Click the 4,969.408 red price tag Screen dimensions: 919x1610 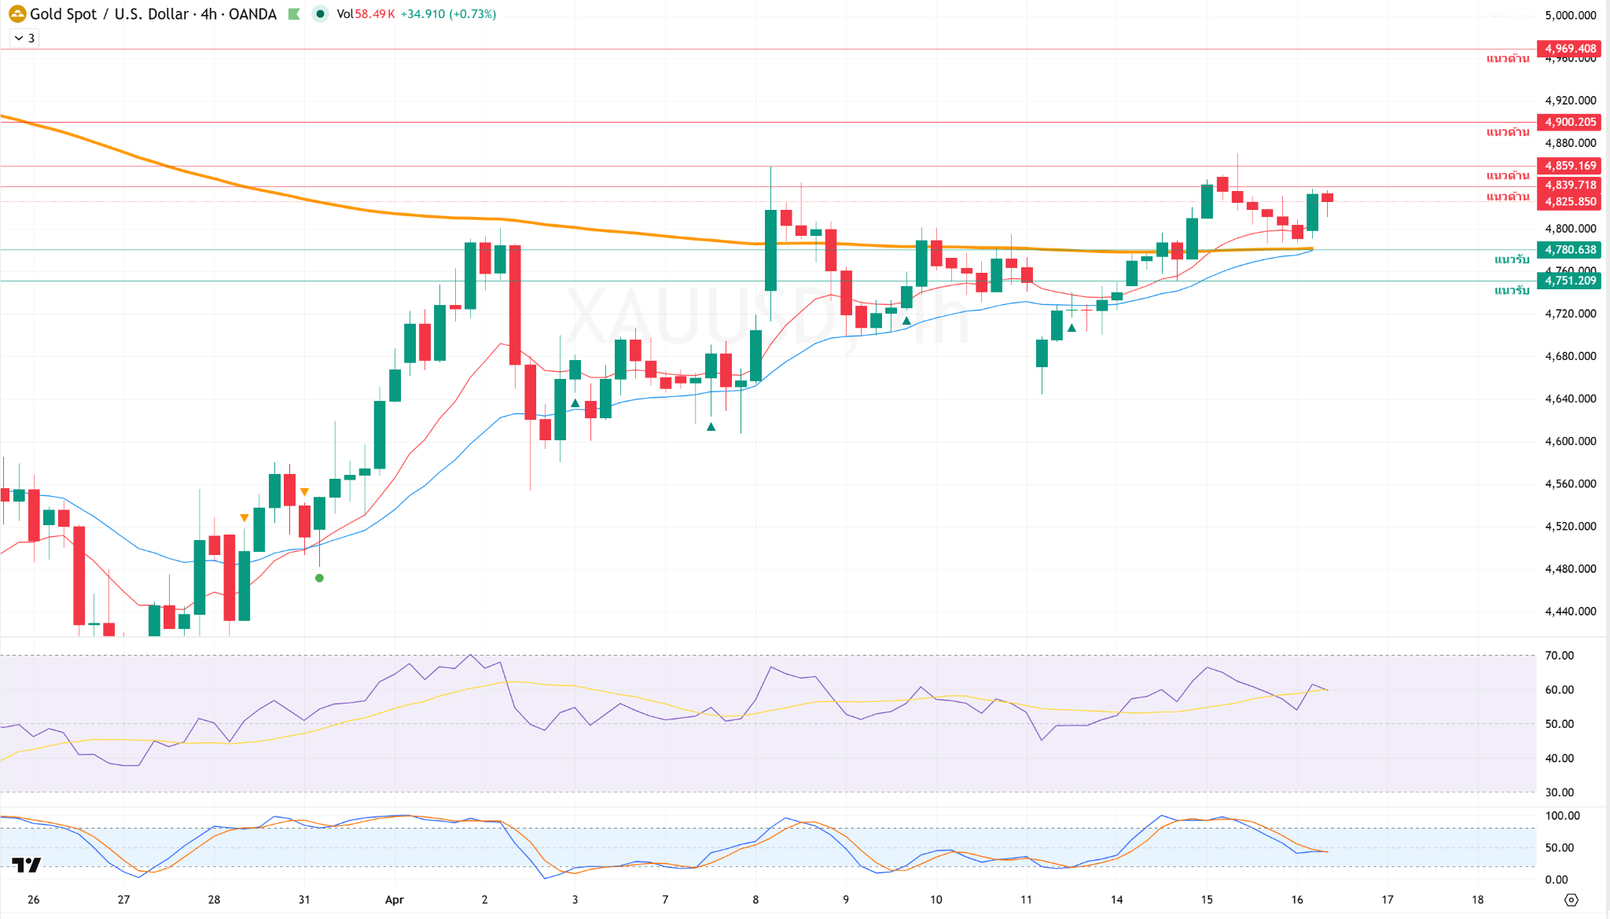[x=1569, y=49]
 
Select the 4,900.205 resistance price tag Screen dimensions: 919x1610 [x=1569, y=122]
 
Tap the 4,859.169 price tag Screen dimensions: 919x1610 [x=1569, y=166]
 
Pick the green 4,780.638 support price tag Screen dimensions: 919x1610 [x=1569, y=250]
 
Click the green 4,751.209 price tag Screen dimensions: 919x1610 [x=1569, y=281]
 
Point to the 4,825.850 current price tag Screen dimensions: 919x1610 [x=1569, y=202]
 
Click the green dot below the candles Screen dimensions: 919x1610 [x=319, y=578]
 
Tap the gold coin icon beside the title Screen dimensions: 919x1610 [x=17, y=14]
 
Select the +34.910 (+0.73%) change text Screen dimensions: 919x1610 [x=448, y=14]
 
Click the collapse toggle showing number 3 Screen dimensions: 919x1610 [x=24, y=38]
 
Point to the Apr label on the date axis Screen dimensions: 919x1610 [x=395, y=899]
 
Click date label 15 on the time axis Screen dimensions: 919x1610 [x=1207, y=899]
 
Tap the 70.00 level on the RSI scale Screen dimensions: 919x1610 [x=1559, y=656]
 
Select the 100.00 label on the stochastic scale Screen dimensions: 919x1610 [x=1562, y=816]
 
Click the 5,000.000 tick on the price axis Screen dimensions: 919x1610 [x=1570, y=16]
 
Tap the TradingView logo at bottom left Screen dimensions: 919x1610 [x=27, y=865]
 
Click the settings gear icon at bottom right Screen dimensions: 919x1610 [x=1571, y=899]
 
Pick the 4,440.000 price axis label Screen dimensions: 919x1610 [x=1570, y=611]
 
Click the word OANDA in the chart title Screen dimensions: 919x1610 [x=252, y=14]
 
